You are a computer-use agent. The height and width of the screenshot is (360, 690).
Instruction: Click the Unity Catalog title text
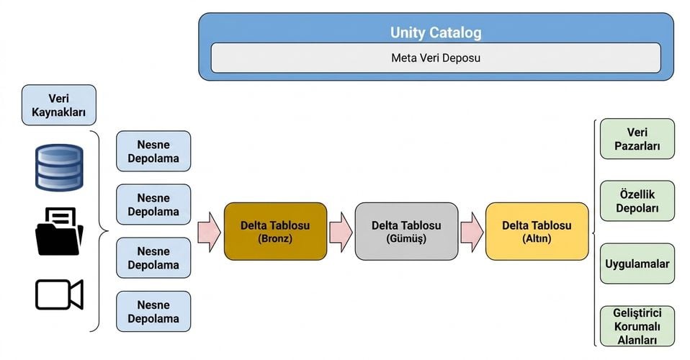click(436, 32)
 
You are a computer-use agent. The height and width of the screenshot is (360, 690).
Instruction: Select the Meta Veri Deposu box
click(436, 58)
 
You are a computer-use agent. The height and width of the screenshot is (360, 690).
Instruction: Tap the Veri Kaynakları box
click(58, 105)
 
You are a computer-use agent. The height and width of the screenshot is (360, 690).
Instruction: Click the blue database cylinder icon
click(59, 168)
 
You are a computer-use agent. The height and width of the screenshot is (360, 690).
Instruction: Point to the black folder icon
click(59, 232)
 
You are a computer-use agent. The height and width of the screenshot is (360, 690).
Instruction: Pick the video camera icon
click(59, 294)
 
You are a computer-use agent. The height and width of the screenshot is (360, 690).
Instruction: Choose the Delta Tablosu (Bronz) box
click(275, 232)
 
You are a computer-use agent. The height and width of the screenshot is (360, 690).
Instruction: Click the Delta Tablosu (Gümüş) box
click(406, 232)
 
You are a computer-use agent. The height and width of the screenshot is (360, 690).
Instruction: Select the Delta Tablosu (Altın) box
click(537, 232)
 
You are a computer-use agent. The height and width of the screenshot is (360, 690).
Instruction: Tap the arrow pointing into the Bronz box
click(209, 232)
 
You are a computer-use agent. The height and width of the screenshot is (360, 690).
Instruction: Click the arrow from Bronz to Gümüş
click(341, 232)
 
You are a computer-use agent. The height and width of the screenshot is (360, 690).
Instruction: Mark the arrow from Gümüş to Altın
click(472, 232)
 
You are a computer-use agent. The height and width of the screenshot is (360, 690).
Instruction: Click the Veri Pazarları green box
click(637, 139)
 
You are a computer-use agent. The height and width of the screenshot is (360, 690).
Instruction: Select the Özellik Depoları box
click(637, 201)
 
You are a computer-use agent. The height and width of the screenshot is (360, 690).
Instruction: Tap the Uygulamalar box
click(637, 264)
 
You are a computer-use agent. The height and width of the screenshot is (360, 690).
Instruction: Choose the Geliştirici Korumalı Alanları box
click(637, 326)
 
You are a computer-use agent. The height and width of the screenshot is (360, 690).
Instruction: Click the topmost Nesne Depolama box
click(153, 151)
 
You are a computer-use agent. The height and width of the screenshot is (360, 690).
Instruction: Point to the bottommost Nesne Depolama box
click(153, 311)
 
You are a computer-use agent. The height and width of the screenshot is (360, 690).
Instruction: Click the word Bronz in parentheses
click(275, 238)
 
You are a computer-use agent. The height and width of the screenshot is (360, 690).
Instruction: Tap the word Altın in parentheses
click(537, 238)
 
